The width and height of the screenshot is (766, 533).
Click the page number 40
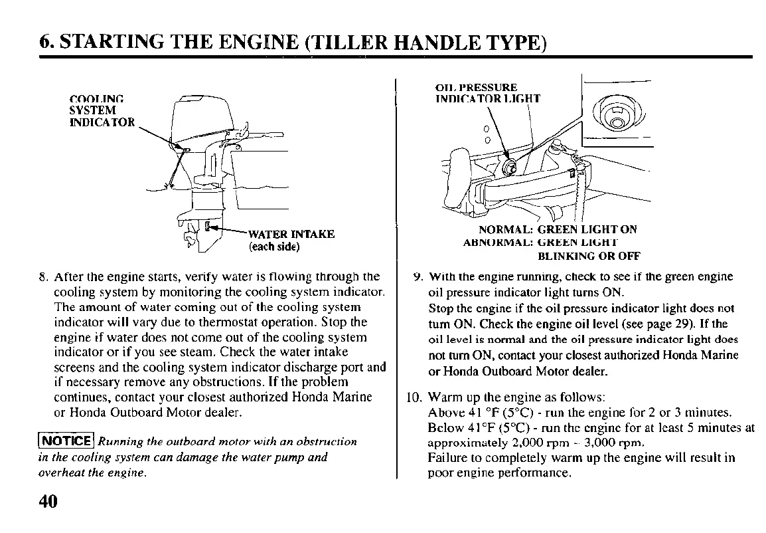(48, 501)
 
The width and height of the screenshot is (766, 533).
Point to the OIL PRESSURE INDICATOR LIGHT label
(487, 93)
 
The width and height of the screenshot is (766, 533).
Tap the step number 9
(416, 276)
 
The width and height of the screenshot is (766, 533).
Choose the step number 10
(413, 399)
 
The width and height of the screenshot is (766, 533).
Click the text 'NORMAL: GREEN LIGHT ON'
(552, 229)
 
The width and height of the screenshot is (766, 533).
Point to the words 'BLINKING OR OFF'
(588, 256)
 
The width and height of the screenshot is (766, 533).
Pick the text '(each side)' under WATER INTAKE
(274, 247)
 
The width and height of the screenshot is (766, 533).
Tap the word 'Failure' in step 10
(448, 458)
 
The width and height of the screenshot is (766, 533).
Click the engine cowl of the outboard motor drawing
(199, 120)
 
